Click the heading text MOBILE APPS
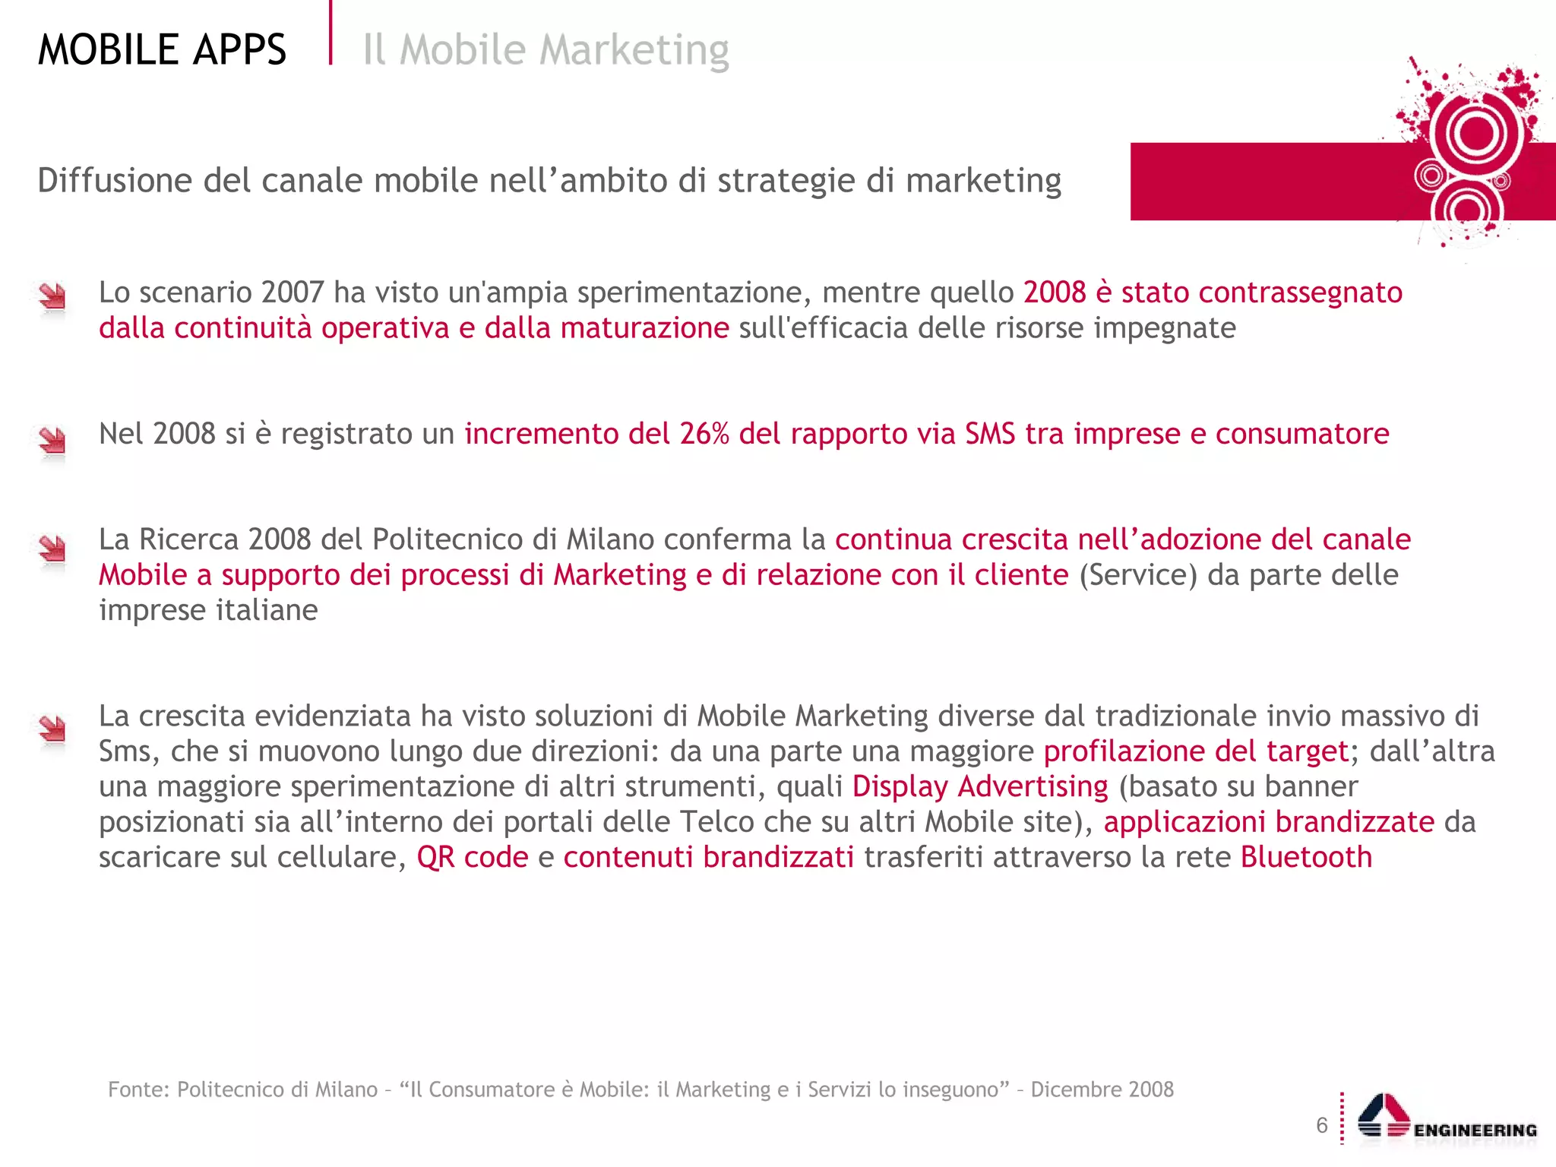click(x=162, y=50)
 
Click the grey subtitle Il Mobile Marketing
click(x=546, y=50)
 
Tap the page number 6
click(x=1322, y=1125)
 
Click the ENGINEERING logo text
click(x=1475, y=1131)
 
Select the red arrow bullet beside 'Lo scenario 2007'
click(x=52, y=296)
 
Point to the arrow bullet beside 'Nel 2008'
click(x=52, y=440)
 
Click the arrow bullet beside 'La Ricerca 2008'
click(x=52, y=548)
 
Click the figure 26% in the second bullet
click(x=704, y=434)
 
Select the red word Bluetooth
click(x=1306, y=857)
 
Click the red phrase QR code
click(x=472, y=857)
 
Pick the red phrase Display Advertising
click(x=980, y=786)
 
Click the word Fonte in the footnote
click(x=138, y=1090)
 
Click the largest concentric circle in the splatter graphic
click(x=1476, y=134)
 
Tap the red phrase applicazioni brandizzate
click(x=1269, y=822)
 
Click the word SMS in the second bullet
click(x=989, y=434)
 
